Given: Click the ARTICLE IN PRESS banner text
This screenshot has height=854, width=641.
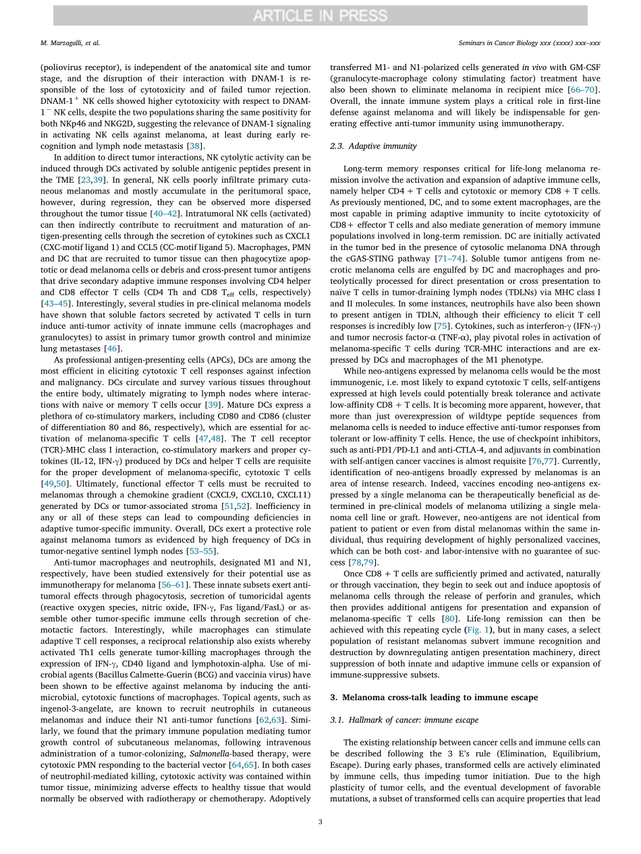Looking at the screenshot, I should point(320,16).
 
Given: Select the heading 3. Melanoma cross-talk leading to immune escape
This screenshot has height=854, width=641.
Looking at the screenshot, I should point(433,697).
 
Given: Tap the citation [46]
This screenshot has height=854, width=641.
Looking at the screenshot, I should point(113,348).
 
